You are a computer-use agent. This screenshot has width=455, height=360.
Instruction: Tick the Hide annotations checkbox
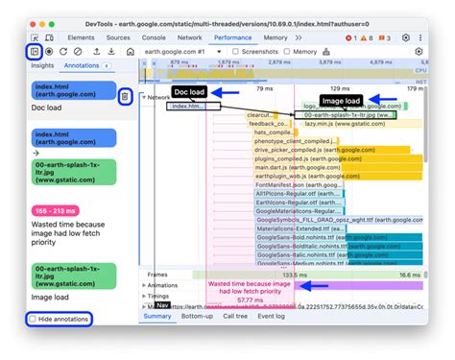[x=34, y=318]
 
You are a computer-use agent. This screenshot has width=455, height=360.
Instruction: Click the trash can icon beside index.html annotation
[x=125, y=96]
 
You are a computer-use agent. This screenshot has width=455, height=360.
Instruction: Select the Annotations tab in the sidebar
[x=82, y=66]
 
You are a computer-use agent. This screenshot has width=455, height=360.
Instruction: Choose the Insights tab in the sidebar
[x=42, y=66]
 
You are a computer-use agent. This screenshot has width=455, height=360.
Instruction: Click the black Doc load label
[x=190, y=91]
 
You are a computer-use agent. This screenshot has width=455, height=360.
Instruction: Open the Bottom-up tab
[x=197, y=316]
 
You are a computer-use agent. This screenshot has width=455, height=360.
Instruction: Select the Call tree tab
[x=235, y=316]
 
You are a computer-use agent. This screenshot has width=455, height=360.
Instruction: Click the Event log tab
[x=272, y=316]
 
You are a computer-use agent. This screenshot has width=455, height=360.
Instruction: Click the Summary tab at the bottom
[x=157, y=316]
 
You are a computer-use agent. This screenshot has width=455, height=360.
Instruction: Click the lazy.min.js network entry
[x=331, y=123]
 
